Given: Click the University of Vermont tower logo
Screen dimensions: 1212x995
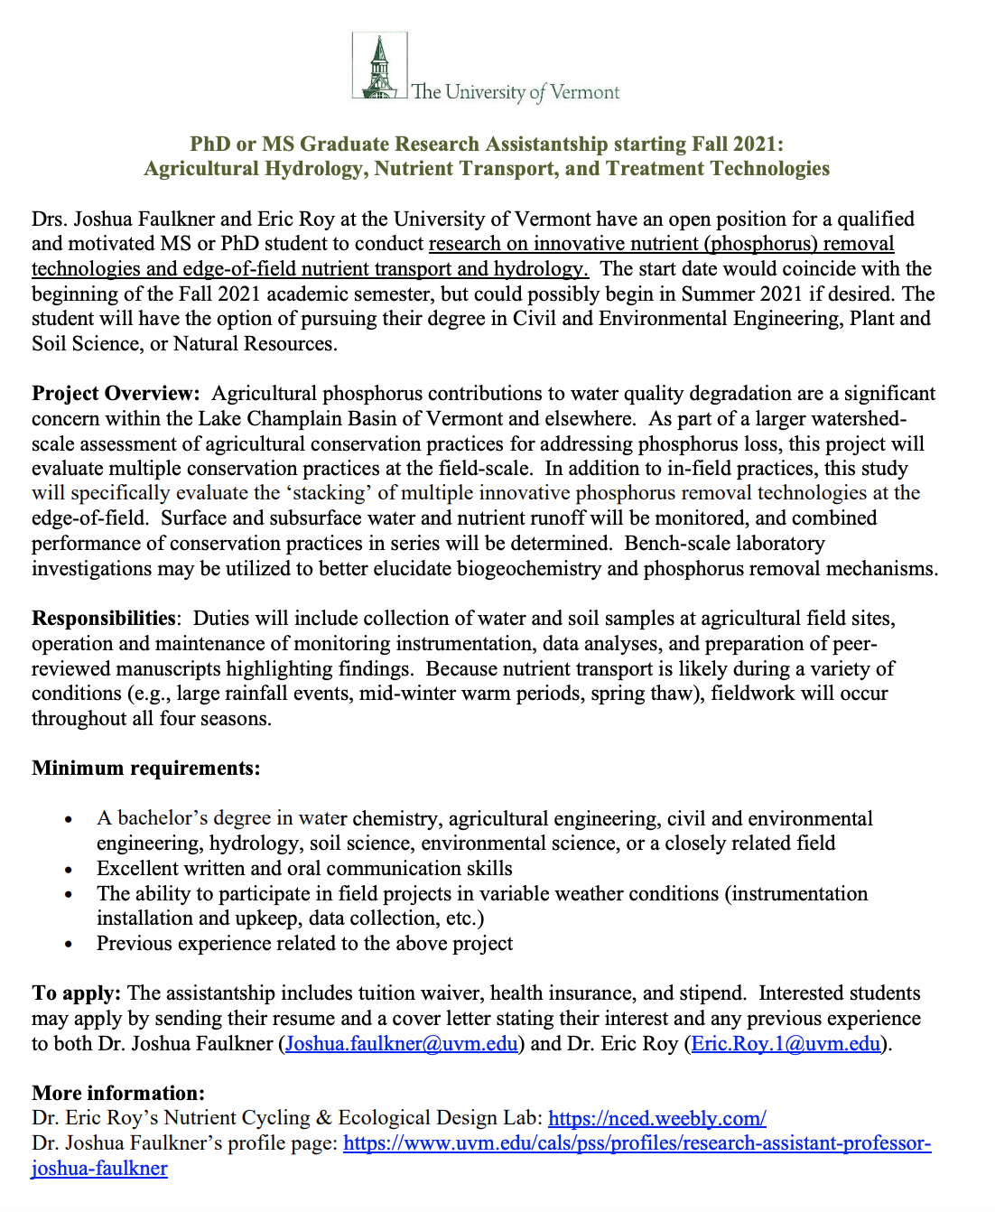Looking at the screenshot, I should click(379, 67).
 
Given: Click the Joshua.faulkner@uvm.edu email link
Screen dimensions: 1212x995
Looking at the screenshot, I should click(402, 1044).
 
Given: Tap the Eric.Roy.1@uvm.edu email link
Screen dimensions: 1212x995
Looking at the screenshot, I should click(786, 1044).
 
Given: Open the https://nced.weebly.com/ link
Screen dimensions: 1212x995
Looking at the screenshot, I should click(657, 1118).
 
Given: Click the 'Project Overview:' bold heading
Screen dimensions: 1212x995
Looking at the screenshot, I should click(116, 394).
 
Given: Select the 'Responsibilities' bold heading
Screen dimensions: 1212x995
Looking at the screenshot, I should click(104, 619).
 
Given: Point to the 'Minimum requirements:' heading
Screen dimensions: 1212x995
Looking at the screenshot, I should click(146, 769).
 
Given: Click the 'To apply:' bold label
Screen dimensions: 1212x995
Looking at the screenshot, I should click(76, 993).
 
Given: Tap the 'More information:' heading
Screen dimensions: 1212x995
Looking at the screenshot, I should click(118, 1094).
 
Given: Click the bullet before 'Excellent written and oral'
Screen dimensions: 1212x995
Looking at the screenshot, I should click(69, 870).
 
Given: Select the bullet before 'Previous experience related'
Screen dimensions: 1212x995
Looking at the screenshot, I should click(69, 945).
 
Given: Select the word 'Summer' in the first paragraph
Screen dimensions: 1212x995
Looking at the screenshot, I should click(721, 294).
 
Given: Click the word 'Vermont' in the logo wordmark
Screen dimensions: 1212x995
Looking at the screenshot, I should click(584, 92).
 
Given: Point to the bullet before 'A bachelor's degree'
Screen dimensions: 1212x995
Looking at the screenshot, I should click(69, 819).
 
